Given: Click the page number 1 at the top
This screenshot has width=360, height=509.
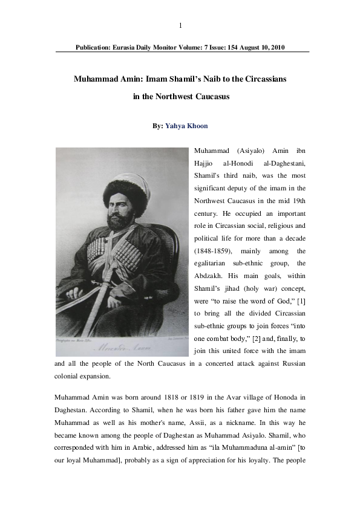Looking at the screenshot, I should click(180, 25).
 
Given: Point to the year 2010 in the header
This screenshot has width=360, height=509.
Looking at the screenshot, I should click(277, 47).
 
